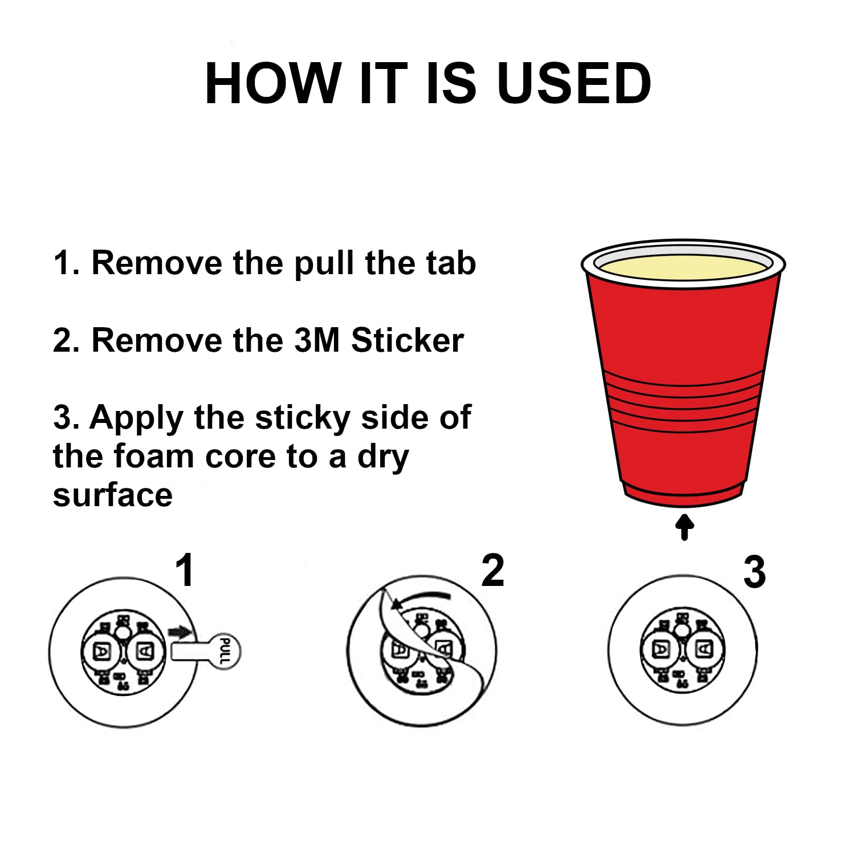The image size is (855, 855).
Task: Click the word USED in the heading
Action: (574, 83)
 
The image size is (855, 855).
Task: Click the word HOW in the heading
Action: (273, 83)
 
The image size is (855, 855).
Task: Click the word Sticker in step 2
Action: (407, 340)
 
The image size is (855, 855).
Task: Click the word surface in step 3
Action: (112, 495)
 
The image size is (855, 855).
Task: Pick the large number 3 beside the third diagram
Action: (755, 572)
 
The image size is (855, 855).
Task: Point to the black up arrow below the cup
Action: (685, 527)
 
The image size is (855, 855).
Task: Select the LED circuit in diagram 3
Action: (682, 650)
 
